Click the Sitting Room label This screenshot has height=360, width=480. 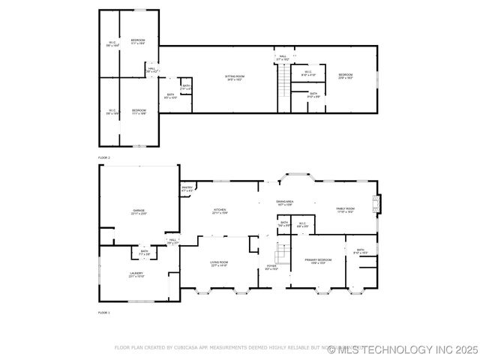click(234, 77)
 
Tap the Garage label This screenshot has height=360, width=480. click(139, 212)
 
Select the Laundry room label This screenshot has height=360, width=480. click(136, 275)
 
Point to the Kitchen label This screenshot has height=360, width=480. click(220, 211)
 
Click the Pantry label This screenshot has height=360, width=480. click(187, 189)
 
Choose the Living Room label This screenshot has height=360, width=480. click(218, 263)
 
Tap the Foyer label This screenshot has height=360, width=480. click(271, 267)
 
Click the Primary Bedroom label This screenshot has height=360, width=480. click(315, 262)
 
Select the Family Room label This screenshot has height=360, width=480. click(345, 210)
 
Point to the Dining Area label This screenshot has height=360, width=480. click(284, 202)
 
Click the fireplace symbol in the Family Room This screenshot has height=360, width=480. click(377, 203)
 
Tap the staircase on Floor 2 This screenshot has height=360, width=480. click(283, 79)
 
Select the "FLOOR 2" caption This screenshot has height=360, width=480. click(103, 158)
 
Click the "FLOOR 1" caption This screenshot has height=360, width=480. click(103, 313)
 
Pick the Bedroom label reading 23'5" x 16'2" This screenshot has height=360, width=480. click(345, 76)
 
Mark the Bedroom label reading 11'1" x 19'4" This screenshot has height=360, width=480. click(138, 41)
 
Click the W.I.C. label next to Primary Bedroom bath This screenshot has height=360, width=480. click(302, 224)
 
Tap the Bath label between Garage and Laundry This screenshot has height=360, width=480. click(143, 253)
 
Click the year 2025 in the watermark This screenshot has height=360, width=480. click(464, 349)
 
